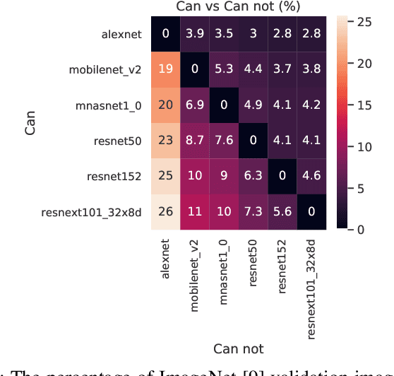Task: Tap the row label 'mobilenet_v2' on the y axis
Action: coord(105,69)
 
